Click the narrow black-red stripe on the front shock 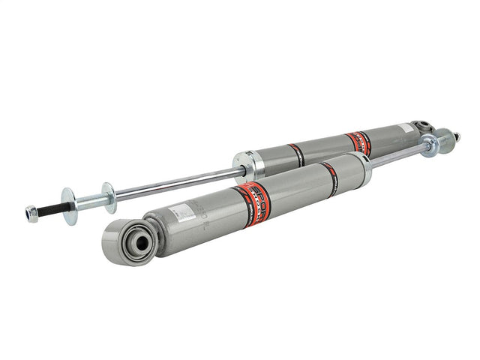[x=330, y=177]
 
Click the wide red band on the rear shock [x=358, y=142]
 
